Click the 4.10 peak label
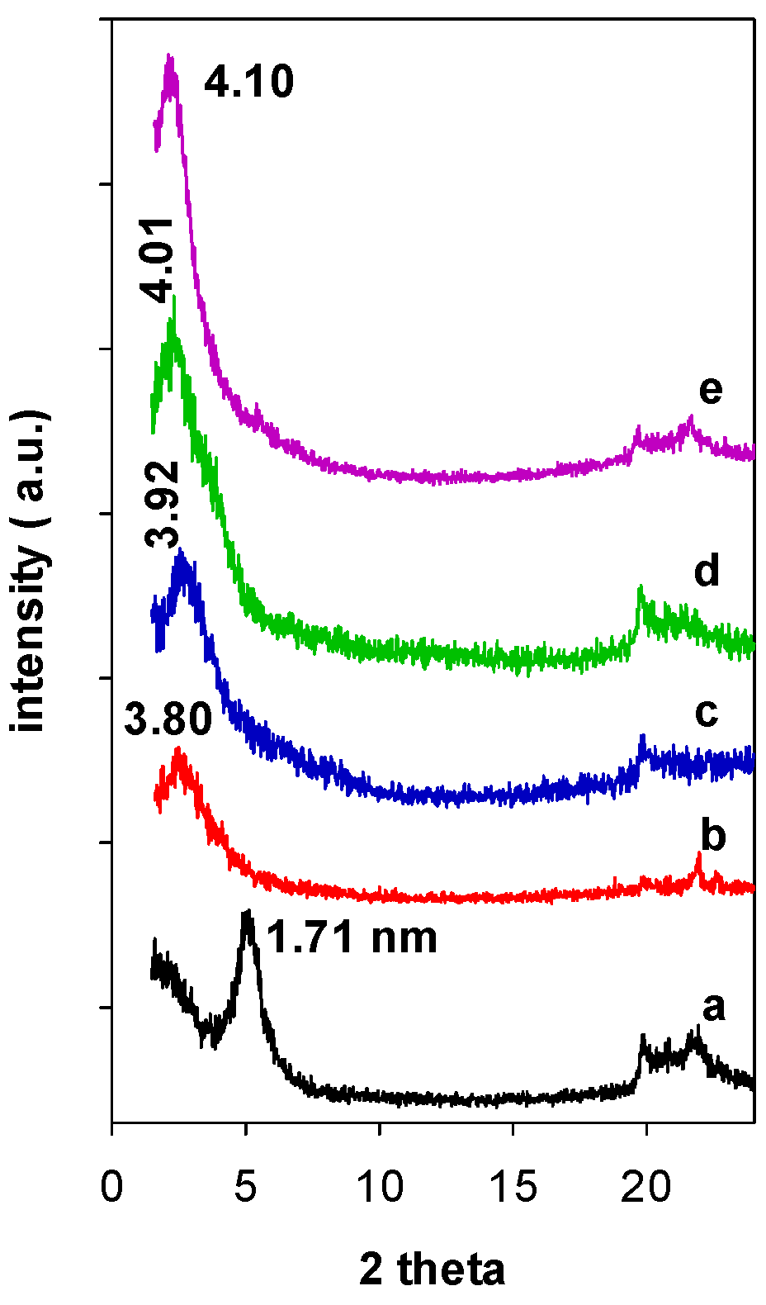[248, 83]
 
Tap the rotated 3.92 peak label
[162, 505]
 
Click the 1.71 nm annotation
[352, 937]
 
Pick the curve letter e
[711, 390]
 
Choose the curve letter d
[707, 572]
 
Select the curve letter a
[714, 1007]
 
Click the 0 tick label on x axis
[111, 1187]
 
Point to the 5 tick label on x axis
[245, 1187]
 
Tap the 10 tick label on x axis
[379, 1187]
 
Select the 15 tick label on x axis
[513, 1187]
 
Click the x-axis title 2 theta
[432, 1269]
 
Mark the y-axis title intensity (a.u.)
[31, 570]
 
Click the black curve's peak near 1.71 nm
[246, 913]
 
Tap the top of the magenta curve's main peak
[170, 58]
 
